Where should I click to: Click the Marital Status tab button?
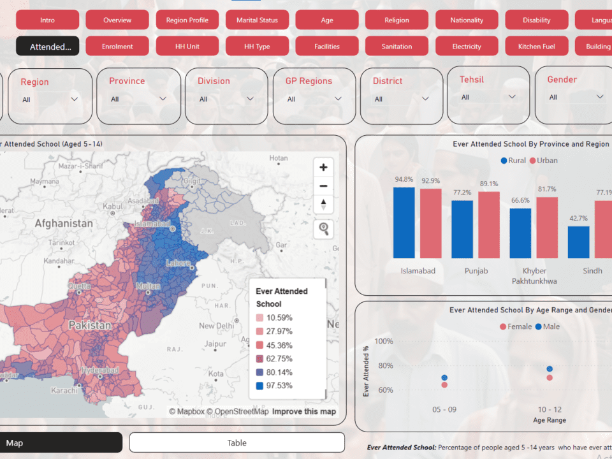pos(257,20)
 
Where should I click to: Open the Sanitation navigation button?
pos(397,47)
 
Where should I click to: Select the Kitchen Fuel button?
pos(536,47)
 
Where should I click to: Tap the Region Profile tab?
pos(187,20)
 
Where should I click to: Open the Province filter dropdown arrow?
pos(163,99)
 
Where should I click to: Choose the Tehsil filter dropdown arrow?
pos(512,97)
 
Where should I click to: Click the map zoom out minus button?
pos(323,186)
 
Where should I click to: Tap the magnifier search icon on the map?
pos(323,229)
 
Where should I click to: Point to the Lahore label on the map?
pos(178,263)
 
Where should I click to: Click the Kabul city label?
pos(112,207)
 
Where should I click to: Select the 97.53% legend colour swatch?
pos(259,386)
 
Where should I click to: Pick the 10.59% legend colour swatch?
pos(259,317)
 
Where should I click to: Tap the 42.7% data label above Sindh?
pos(578,218)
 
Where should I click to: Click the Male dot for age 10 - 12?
pos(549,369)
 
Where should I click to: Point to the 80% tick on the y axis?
pos(384,365)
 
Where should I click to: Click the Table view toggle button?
pos(237,442)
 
